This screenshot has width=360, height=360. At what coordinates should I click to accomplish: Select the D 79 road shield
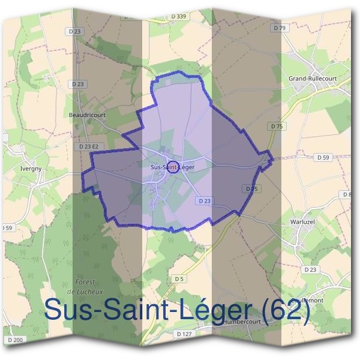[278, 28]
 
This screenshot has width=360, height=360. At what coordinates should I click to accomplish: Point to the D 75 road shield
[276, 127]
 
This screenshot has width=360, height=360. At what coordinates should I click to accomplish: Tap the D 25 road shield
[251, 188]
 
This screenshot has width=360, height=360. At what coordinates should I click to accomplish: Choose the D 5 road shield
[179, 279]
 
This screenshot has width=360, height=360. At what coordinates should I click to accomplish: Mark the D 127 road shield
[185, 334]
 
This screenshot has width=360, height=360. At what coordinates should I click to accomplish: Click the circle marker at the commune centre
[173, 166]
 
